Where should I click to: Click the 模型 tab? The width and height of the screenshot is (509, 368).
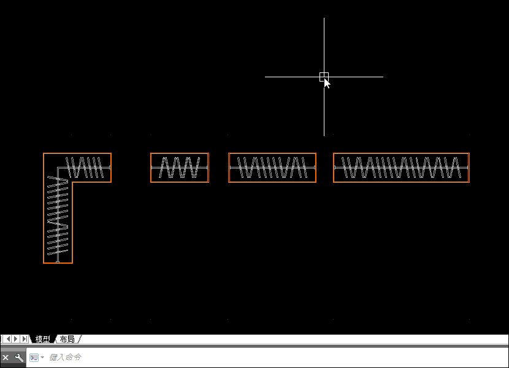pos(42,339)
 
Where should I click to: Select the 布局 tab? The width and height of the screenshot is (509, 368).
pos(67,339)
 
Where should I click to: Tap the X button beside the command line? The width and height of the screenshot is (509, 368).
pos(6,358)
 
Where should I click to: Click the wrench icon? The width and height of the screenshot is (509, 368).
pos(19,358)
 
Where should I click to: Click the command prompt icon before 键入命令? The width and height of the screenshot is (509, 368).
pos(34,358)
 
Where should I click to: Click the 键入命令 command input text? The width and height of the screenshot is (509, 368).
pos(65,358)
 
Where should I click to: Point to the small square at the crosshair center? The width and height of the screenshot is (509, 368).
pos(324,77)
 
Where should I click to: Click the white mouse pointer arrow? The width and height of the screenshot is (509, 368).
pos(327,83)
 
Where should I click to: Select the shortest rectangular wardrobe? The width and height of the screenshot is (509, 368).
pos(180,167)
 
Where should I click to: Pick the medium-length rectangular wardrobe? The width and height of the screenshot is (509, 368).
pos(272,167)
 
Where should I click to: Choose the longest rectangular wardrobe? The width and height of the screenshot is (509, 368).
pos(401,167)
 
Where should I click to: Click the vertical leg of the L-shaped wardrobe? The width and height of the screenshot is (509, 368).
pos(58,223)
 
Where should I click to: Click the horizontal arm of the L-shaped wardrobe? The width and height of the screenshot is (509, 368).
pos(77,167)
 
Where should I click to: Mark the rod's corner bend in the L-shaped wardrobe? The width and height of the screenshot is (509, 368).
pos(58,167)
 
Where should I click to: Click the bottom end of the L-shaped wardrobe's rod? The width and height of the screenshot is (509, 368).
pos(58,261)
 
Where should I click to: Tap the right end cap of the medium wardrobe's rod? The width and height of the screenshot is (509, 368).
pos(315,167)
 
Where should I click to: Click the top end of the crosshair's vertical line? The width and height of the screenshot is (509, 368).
pos(324,18)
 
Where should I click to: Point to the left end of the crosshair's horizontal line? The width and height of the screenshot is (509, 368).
pos(265,77)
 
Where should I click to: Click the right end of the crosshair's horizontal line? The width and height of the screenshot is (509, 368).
pos(383,77)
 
